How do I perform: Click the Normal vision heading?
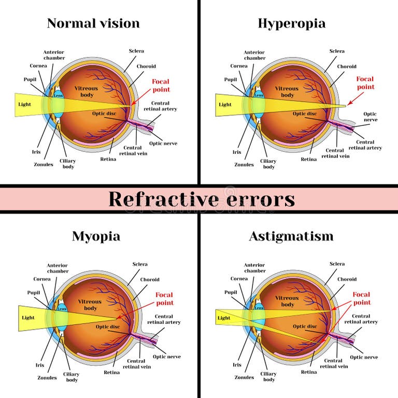pyautogui.click(x=93, y=23)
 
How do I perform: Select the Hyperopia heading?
pyautogui.click(x=292, y=23)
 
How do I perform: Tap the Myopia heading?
pyautogui.click(x=96, y=236)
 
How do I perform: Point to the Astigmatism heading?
pyautogui.click(x=291, y=236)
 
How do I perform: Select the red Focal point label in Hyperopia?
pyautogui.click(x=365, y=83)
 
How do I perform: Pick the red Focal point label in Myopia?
pyautogui.click(x=164, y=298)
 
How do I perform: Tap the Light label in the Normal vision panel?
pyautogui.click(x=24, y=104)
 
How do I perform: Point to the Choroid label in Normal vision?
pyautogui.click(x=146, y=66)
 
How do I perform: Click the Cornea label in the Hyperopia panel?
pyautogui.click(x=239, y=66)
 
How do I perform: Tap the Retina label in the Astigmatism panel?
pyautogui.click(x=309, y=372)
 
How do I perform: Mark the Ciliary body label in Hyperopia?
pyautogui.click(x=269, y=164)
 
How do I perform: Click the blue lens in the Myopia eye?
pyautogui.click(x=61, y=316)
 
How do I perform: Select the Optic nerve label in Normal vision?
pyautogui.click(x=163, y=143)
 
